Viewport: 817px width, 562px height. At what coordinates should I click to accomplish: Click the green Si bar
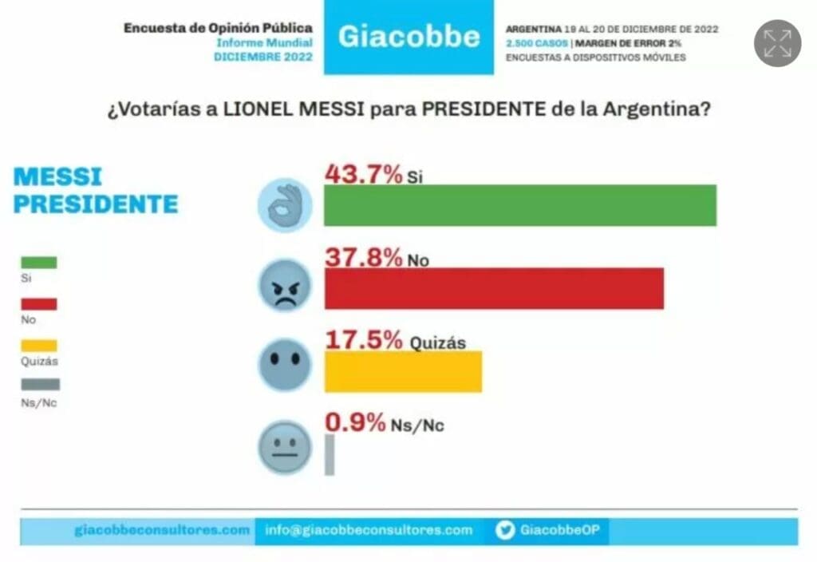point(519,205)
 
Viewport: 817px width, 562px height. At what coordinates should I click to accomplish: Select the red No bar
point(494,288)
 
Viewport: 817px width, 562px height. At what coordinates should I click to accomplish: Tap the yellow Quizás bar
point(403,371)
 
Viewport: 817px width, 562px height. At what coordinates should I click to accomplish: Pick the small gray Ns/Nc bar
point(330,455)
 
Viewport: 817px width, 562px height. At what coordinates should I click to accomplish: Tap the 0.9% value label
point(355,422)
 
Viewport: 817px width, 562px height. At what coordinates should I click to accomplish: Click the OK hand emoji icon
point(284,205)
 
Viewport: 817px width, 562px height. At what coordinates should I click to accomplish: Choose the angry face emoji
point(284,286)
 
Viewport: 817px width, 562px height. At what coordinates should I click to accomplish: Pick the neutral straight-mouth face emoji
point(284,446)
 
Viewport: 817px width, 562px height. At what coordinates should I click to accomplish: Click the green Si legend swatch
point(38,263)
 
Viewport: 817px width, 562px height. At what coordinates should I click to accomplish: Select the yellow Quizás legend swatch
point(38,346)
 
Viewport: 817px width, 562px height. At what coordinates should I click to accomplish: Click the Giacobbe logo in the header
point(408,37)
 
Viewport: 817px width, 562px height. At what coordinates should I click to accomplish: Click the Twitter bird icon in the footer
point(504,530)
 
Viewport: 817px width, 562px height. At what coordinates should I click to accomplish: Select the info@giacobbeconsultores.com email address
point(369,530)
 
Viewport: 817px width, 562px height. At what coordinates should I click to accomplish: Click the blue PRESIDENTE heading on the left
point(96,204)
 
